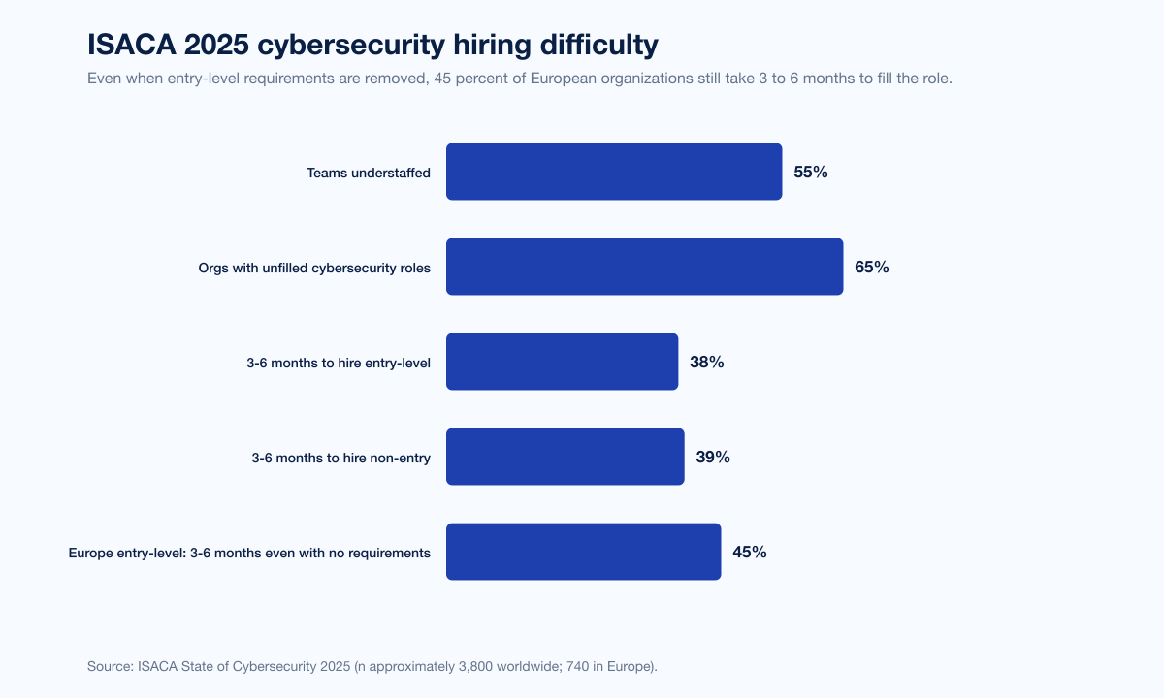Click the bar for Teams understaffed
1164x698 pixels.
(x=614, y=172)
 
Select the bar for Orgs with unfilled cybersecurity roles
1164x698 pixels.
(x=644, y=267)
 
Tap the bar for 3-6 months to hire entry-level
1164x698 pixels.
(x=562, y=362)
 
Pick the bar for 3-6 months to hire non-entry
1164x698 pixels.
(x=565, y=457)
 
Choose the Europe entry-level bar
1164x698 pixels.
(x=583, y=552)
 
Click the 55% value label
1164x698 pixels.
(x=810, y=173)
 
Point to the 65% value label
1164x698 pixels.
(x=871, y=268)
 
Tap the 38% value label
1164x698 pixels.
(x=706, y=363)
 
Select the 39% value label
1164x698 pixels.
(x=713, y=458)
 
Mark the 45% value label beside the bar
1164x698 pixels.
(x=750, y=553)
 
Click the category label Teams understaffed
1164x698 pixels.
(x=369, y=173)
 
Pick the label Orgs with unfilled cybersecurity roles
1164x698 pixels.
(x=314, y=268)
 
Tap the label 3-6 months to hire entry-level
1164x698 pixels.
(x=339, y=363)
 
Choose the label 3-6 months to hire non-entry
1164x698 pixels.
(x=340, y=458)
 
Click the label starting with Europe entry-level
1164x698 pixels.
(x=249, y=553)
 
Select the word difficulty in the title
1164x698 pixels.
(x=598, y=45)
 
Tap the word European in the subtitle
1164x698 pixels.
(x=562, y=79)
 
